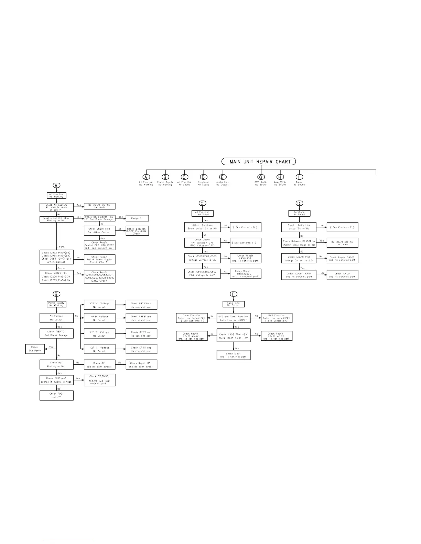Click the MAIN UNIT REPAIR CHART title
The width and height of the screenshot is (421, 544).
259,161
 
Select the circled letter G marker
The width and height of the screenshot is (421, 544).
261,177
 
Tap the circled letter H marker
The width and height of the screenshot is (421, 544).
280,177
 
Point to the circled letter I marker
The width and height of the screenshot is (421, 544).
299,177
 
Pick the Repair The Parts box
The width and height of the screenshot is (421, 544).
35,349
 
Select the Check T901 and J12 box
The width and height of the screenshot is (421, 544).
56,396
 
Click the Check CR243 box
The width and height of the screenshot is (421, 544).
141,305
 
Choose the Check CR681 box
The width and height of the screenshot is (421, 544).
141,318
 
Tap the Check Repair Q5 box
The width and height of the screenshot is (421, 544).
141,365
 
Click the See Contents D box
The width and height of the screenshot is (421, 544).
246,227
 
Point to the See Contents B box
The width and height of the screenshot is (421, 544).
246,243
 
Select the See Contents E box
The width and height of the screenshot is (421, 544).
342,227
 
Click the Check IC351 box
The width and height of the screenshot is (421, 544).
234,355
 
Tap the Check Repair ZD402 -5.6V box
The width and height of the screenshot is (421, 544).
277,336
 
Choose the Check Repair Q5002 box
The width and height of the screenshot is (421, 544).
342,259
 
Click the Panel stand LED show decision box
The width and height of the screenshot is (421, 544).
56,219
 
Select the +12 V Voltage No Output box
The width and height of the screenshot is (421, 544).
99,334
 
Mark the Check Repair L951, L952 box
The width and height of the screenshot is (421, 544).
246,258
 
